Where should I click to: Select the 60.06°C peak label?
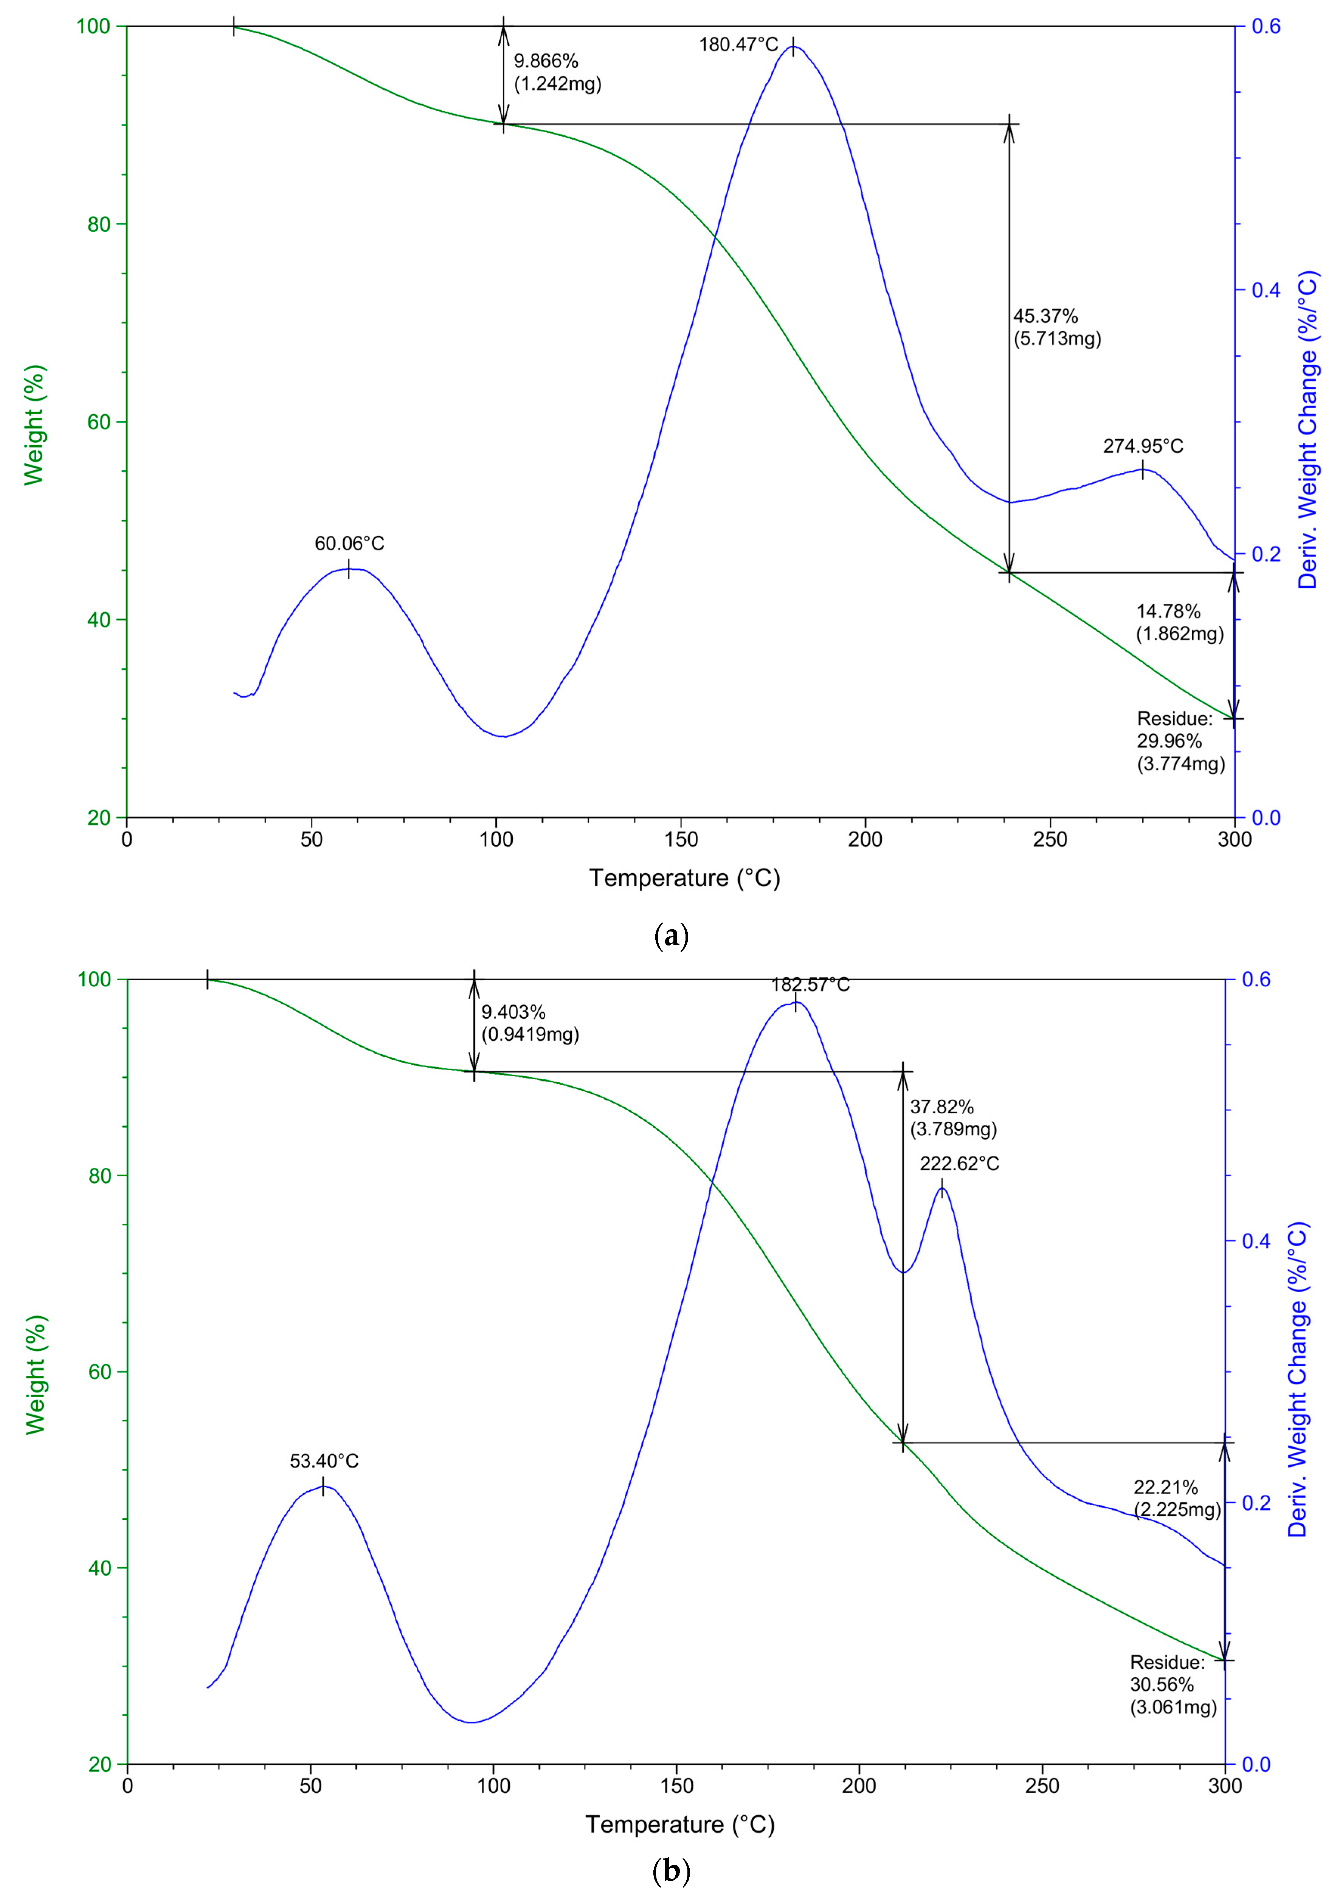[x=349, y=544]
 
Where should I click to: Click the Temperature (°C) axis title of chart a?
[x=684, y=878]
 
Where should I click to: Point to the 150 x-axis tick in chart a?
[x=681, y=840]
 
